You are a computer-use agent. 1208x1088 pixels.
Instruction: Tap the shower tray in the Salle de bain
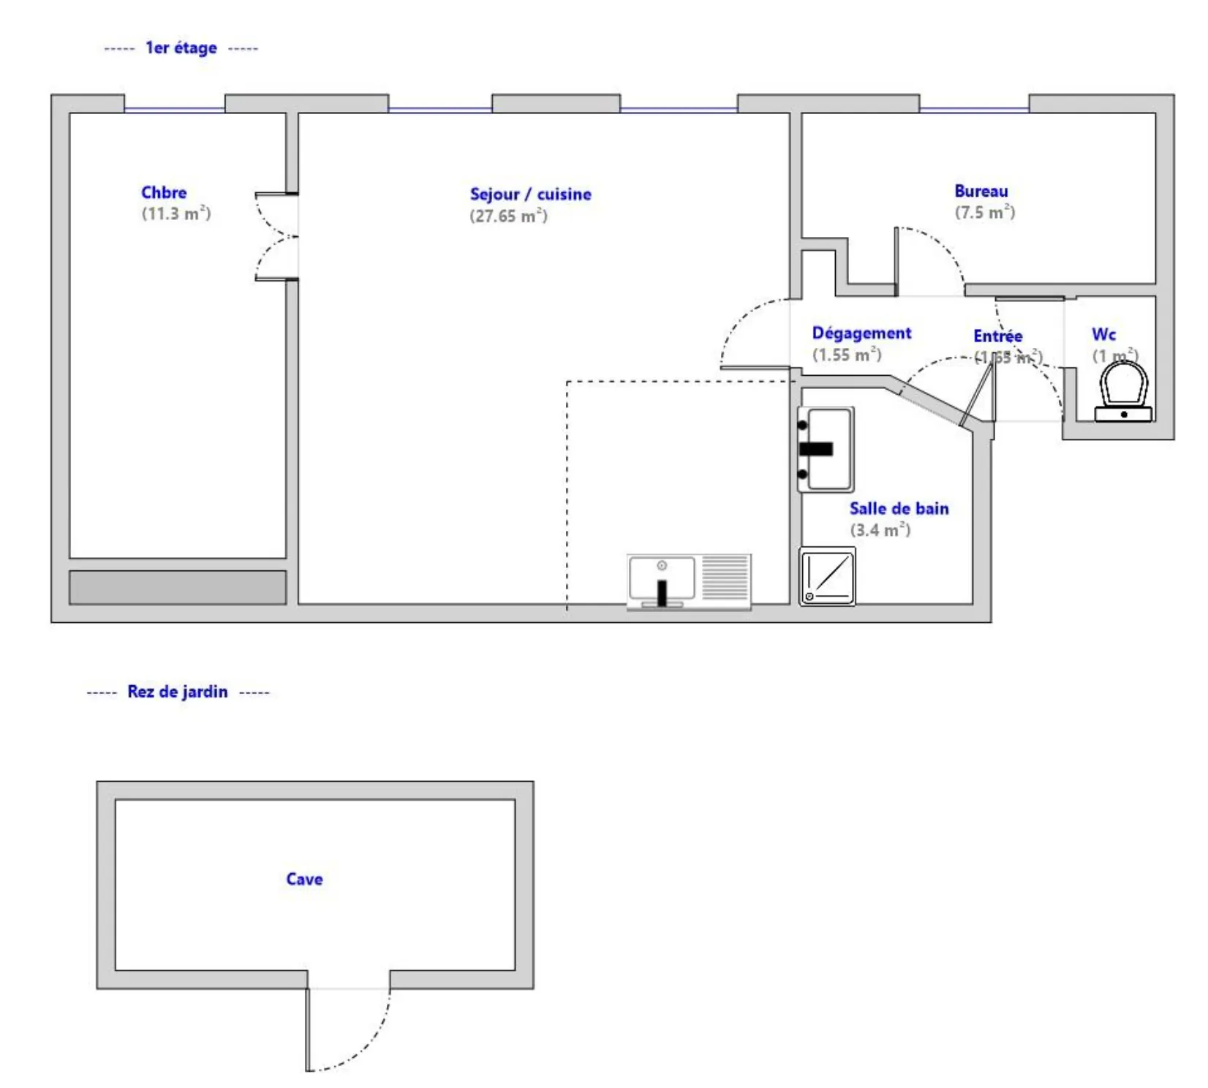827,576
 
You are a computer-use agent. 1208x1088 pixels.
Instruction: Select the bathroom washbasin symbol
826,449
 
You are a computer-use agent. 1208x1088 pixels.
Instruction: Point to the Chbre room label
164,192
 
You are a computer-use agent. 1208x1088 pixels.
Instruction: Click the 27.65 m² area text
508,216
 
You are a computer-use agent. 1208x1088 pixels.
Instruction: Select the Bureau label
981,191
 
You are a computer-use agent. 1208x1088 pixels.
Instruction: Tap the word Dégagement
861,333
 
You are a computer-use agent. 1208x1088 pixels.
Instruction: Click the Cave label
304,879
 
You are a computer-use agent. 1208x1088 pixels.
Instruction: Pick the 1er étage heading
181,48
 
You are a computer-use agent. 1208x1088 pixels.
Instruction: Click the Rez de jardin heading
178,692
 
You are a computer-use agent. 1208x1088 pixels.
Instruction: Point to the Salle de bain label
899,509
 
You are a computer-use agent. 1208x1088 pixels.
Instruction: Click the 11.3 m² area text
175,214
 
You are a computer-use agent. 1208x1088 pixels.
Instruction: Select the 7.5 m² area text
984,213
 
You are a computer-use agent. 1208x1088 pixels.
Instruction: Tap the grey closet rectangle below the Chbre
178,587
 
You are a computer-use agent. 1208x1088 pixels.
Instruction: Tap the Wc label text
1103,335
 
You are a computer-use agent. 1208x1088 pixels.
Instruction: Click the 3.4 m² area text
880,530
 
